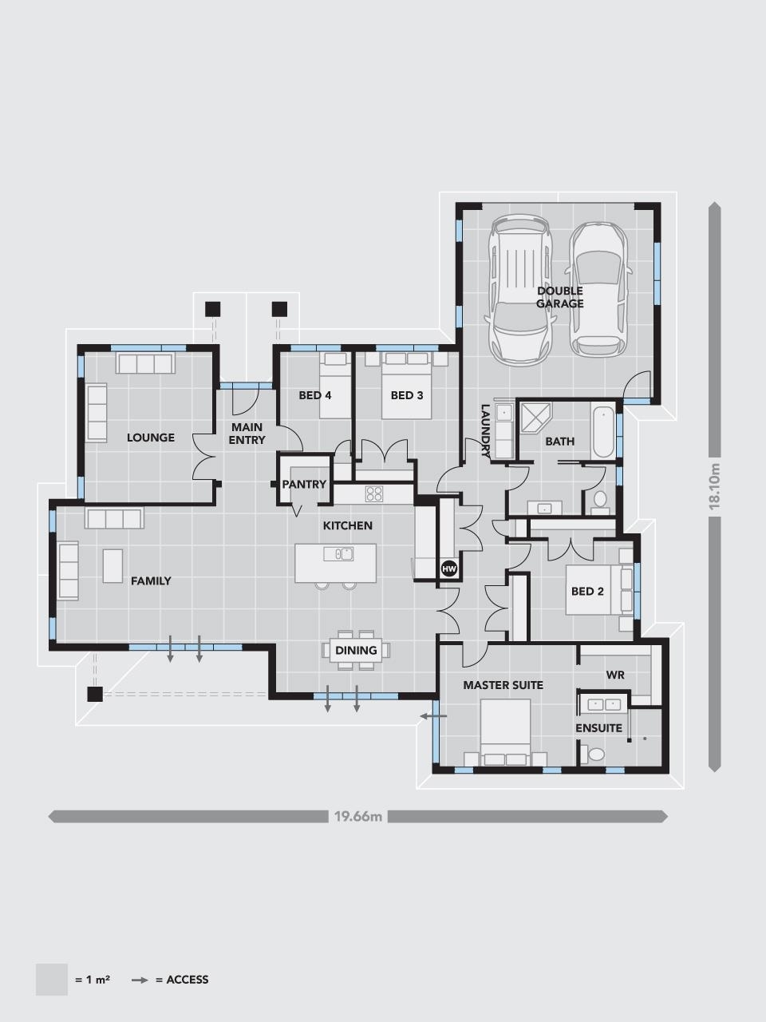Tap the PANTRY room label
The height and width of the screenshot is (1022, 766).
coord(304,484)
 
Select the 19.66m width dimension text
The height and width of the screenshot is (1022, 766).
coord(358,816)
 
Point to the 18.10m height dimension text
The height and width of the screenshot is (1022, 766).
coord(715,486)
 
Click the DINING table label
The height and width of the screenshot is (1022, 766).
coord(356,650)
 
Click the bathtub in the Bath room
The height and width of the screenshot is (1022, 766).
coord(604,431)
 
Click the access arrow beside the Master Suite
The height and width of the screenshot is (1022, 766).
coord(433,717)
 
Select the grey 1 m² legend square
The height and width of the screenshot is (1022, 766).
coord(52,979)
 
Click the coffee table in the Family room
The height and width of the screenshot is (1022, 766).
coord(113,565)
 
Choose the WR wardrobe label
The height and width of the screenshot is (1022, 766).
coord(615,675)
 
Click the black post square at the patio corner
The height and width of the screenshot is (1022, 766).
coord(95,694)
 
